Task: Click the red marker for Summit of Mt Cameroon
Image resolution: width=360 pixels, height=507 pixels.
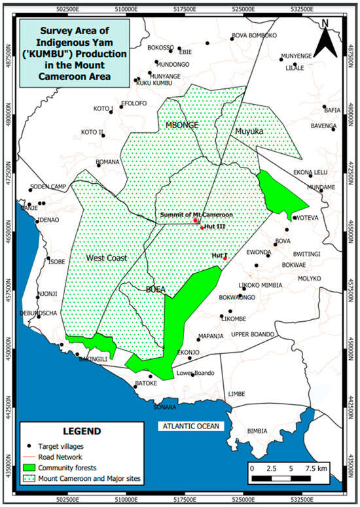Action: pyautogui.click(x=196, y=220)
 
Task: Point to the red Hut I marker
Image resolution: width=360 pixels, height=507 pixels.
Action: pyautogui.click(x=225, y=258)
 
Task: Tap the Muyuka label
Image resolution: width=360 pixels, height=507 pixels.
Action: pyautogui.click(x=249, y=131)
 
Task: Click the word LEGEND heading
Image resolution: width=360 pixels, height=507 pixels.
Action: pyautogui.click(x=82, y=431)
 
